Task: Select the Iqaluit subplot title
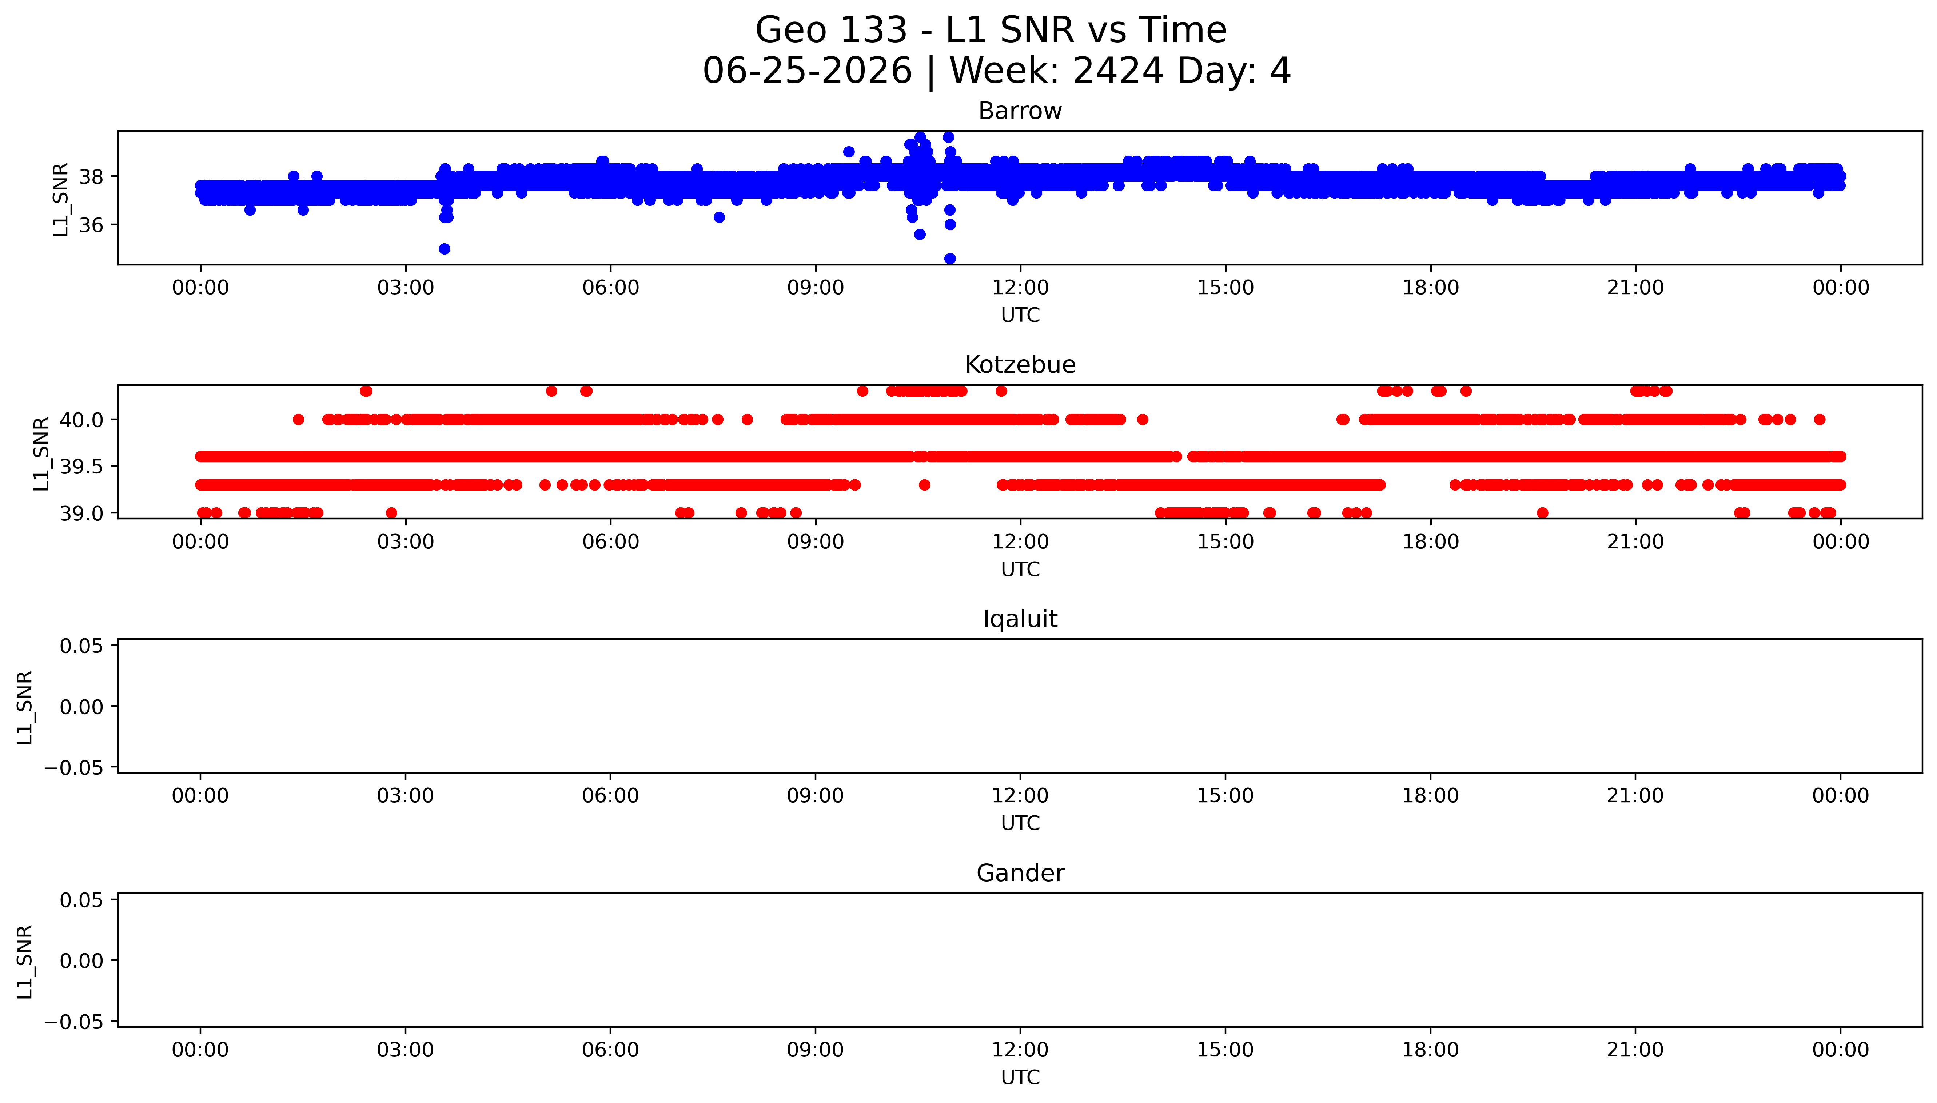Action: tap(1020, 619)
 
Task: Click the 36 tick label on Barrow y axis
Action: tap(91, 225)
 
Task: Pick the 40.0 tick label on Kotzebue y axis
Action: tap(82, 420)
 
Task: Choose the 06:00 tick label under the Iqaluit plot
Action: tap(610, 795)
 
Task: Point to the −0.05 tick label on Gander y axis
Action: tap(74, 1022)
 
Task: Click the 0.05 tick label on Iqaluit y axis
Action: tap(82, 646)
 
